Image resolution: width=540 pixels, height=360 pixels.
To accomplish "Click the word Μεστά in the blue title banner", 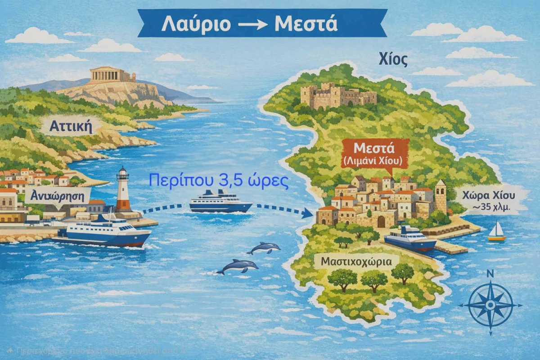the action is click(x=306, y=24).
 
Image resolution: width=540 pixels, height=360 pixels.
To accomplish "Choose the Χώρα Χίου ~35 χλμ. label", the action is click(x=491, y=199).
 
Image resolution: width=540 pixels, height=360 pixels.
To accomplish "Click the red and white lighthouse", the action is click(x=123, y=190).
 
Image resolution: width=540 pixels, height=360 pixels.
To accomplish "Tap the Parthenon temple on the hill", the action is click(x=112, y=75).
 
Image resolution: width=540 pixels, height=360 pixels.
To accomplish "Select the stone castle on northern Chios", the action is click(x=338, y=95).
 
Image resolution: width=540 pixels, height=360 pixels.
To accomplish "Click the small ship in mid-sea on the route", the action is click(x=220, y=202).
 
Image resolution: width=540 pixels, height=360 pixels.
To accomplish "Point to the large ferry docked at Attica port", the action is click(x=107, y=231).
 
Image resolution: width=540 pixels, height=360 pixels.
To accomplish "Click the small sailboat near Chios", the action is click(x=496, y=232).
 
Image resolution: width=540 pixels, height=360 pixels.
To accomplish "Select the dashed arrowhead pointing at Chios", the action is click(x=308, y=213).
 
